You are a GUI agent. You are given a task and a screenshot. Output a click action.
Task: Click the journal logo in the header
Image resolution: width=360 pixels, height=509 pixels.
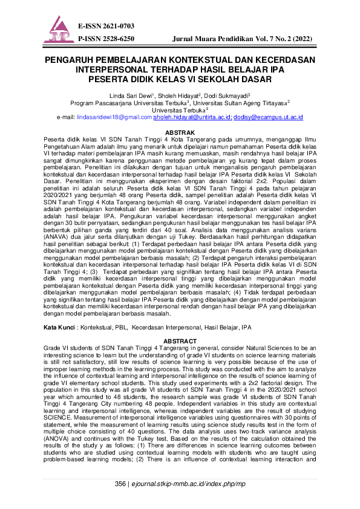59,30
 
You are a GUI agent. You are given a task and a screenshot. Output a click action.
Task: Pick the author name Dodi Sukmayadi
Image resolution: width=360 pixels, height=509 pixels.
226,96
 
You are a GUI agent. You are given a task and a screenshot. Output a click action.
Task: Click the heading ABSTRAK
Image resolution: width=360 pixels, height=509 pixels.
180,132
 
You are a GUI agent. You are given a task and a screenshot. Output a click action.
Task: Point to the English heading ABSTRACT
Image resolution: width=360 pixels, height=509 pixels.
180,340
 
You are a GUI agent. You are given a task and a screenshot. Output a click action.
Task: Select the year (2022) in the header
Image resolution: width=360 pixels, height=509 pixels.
299,38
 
